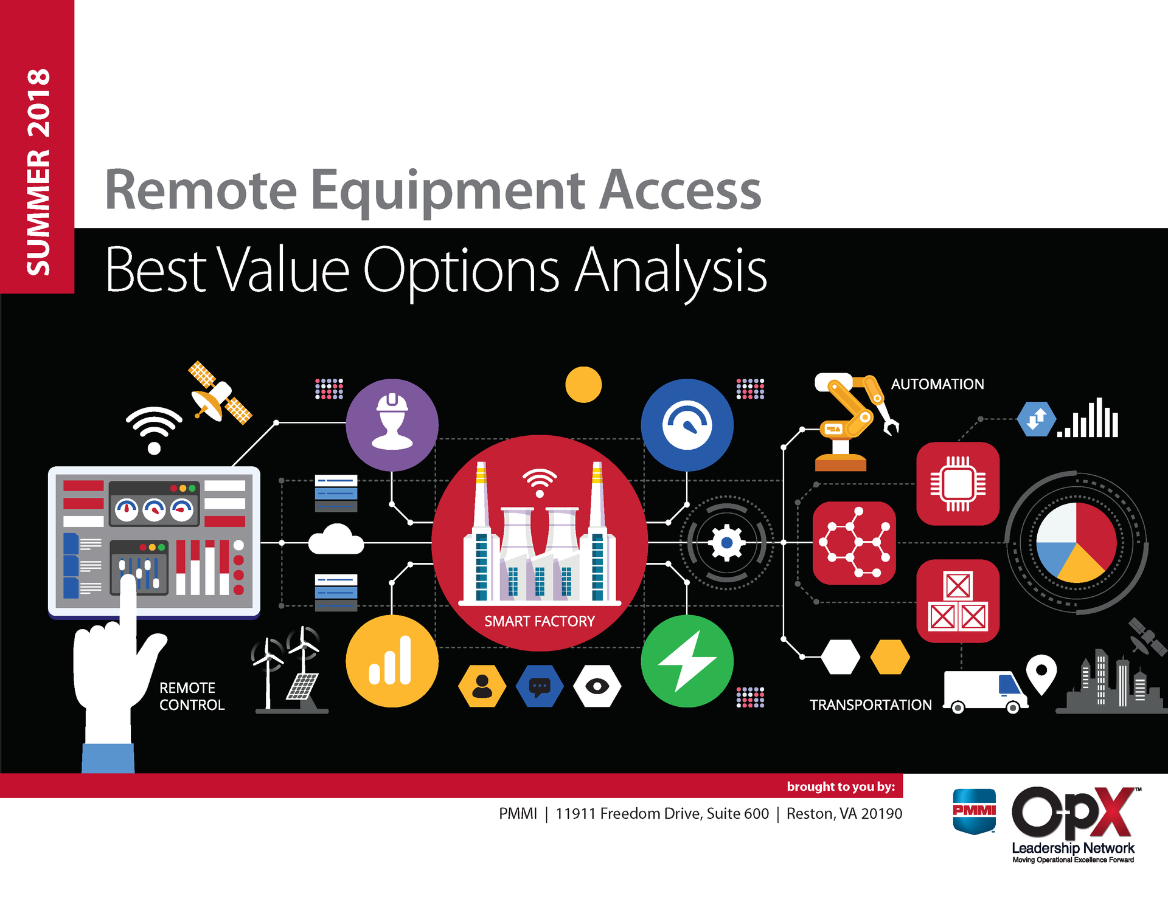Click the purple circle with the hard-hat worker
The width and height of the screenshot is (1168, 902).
[x=392, y=424]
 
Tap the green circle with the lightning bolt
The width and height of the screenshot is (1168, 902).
[x=687, y=661]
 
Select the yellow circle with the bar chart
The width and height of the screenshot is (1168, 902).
[x=392, y=661]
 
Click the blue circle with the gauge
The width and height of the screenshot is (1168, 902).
[x=687, y=424]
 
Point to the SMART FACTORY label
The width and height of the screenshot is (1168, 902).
[x=539, y=621]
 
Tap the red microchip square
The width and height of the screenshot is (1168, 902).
[x=958, y=484]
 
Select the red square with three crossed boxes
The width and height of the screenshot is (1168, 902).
[x=958, y=601]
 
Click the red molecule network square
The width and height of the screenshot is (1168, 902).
[x=854, y=543]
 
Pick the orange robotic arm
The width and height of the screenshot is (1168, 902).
[x=852, y=419]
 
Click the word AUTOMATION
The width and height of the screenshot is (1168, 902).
[x=937, y=384]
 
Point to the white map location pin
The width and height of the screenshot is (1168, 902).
[x=1041, y=672]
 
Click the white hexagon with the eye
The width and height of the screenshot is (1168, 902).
[x=597, y=686]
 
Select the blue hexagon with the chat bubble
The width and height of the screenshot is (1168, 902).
[x=540, y=686]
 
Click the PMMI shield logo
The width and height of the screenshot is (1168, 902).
[x=974, y=811]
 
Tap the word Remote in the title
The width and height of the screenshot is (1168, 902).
[x=201, y=190]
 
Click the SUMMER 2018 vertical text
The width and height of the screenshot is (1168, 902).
[x=38, y=171]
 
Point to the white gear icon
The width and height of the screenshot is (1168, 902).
[x=726, y=542]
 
